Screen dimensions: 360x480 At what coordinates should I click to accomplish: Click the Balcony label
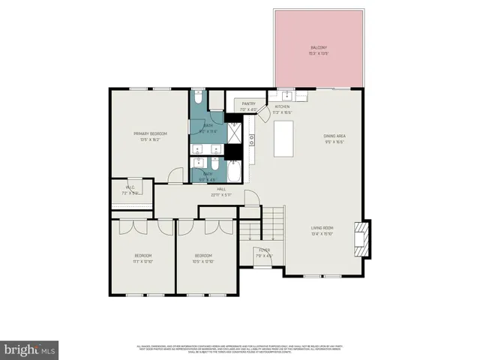[x=318, y=47]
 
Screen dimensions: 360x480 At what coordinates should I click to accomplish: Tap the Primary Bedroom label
[x=150, y=133]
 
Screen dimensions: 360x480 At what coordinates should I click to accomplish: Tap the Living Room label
[x=323, y=228]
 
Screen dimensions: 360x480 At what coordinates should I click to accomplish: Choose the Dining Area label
[x=334, y=136]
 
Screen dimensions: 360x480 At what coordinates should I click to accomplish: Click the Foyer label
[x=264, y=250]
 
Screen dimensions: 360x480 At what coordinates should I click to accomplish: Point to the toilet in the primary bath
[x=196, y=97]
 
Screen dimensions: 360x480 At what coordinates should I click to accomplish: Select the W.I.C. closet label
[x=130, y=190]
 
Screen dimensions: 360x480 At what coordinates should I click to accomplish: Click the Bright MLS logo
[x=30, y=349]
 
